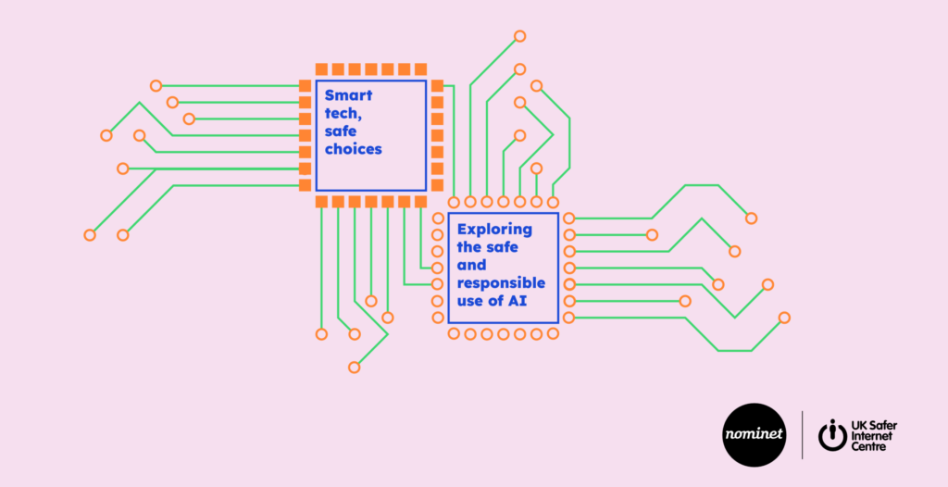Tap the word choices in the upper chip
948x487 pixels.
[x=353, y=148]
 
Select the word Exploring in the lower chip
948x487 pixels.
[x=495, y=229]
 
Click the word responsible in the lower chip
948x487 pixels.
[x=501, y=282]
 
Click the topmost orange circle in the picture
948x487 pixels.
[x=520, y=36]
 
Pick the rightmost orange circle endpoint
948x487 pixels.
[x=784, y=318]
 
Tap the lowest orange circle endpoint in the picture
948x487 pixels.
[x=354, y=368]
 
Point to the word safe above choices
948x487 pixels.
[x=340, y=131]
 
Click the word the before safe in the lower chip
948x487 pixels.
[x=470, y=247]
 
